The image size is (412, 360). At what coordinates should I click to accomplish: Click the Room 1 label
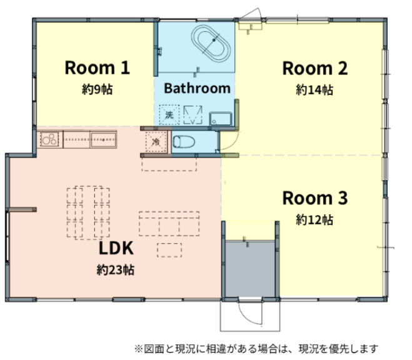tap(98, 67)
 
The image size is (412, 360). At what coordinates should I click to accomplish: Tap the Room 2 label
tap(315, 69)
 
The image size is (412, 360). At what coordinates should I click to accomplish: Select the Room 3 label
tap(315, 198)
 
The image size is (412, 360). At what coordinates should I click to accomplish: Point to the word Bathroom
tap(197, 88)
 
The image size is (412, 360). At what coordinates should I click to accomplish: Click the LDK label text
tap(116, 248)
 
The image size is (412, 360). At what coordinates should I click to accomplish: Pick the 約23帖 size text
tap(116, 269)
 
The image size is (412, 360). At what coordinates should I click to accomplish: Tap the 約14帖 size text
tap(314, 90)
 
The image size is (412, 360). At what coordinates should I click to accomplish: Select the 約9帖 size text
tap(98, 89)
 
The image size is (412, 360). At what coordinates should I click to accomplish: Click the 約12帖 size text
tap(314, 219)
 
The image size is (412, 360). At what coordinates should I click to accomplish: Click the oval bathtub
tap(211, 44)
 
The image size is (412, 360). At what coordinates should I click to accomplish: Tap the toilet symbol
tap(184, 142)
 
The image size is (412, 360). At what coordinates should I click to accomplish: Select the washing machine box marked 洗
tap(169, 115)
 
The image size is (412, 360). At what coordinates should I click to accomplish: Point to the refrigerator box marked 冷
tap(156, 142)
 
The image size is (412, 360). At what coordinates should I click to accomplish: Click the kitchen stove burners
tap(49, 139)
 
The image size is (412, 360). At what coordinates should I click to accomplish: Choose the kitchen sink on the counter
tap(103, 140)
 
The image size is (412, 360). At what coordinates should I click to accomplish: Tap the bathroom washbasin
tap(221, 119)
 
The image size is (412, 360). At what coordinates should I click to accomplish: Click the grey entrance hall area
tap(251, 269)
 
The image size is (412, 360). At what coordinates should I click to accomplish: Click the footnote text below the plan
tap(256, 349)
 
